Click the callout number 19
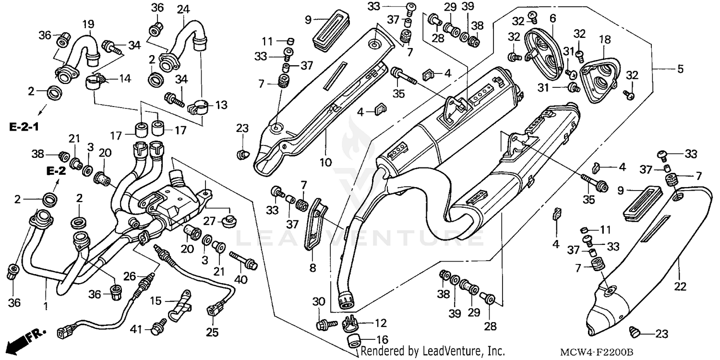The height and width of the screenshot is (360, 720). click(x=88, y=24)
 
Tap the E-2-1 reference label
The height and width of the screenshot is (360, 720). click(x=24, y=127)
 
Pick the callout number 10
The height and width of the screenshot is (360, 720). click(x=325, y=162)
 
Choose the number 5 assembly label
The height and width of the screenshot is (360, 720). click(x=680, y=69)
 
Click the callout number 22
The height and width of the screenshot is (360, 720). click(x=680, y=287)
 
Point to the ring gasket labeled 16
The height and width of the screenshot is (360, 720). click(x=354, y=342)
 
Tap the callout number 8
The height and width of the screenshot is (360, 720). click(x=312, y=268)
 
